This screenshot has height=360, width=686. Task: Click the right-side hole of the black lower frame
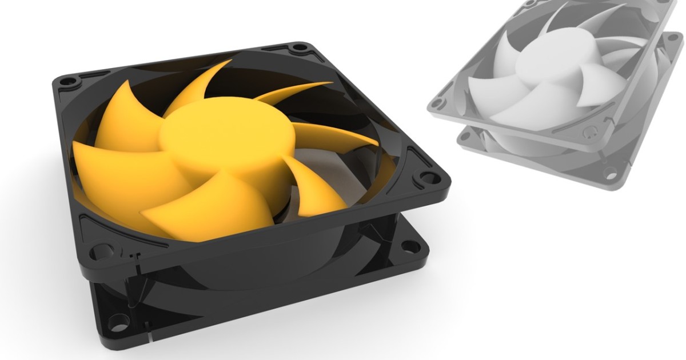click(x=410, y=246)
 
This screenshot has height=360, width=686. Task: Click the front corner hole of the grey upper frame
click(x=591, y=133)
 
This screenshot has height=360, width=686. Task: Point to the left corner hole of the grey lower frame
click(x=464, y=136)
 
